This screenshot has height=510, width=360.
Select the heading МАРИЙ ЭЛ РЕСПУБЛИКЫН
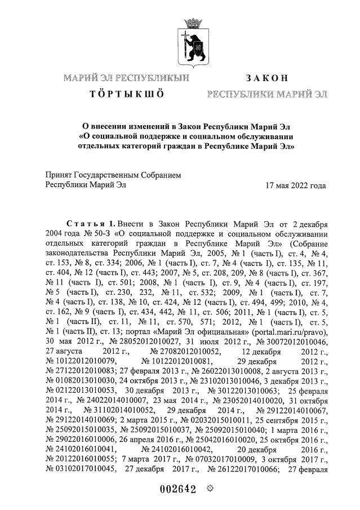coord(126,77)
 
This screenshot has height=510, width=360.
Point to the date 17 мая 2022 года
coord(295,185)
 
